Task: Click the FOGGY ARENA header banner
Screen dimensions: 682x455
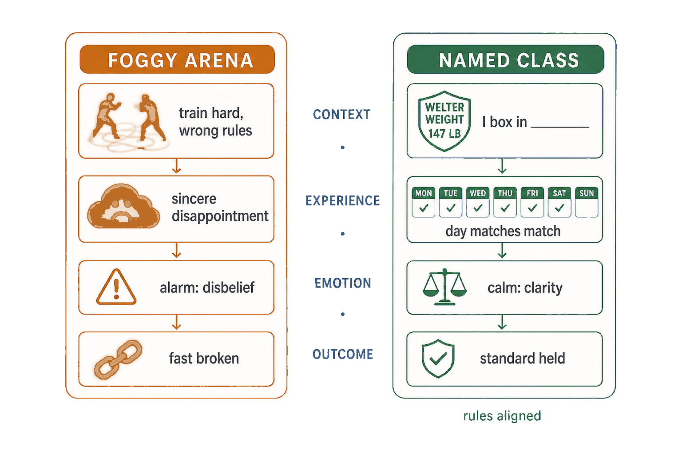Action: (177, 60)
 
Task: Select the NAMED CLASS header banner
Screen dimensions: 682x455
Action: (505, 60)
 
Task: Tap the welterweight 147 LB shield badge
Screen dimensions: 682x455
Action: (444, 121)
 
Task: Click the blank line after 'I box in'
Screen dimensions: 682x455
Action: (560, 127)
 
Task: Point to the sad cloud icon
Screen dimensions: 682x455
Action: (123, 206)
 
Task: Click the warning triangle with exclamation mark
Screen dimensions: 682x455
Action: (116, 287)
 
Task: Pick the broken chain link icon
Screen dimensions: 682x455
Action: (118, 359)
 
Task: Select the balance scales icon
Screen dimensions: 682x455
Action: (444, 287)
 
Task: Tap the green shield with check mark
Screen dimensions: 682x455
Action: (438, 359)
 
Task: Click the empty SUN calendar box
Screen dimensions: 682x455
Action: (587, 202)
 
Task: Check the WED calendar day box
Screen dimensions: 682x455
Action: (478, 202)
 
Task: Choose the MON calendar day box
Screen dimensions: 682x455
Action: (424, 202)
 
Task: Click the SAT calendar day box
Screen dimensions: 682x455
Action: (559, 202)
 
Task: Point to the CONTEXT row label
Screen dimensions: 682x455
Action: (341, 115)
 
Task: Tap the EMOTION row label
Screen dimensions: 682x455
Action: (343, 283)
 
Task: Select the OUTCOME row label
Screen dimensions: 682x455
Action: (343, 354)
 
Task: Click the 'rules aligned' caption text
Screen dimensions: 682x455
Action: (502, 416)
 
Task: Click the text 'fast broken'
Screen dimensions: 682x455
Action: (204, 359)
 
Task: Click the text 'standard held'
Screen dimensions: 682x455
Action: (523, 359)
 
